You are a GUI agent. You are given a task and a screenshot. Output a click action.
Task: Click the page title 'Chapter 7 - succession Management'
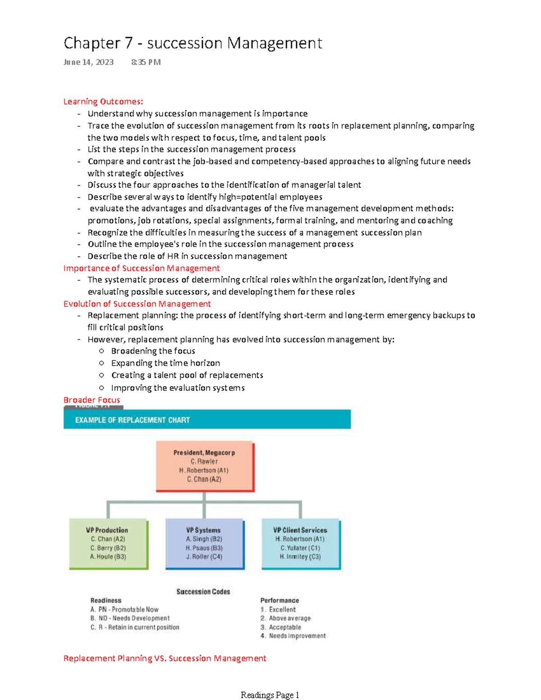(x=193, y=43)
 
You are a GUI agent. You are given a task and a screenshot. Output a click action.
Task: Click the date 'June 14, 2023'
(x=88, y=62)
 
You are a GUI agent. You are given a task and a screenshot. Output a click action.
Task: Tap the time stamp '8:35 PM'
(x=146, y=62)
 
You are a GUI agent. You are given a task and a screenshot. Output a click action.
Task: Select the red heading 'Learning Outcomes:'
(x=103, y=101)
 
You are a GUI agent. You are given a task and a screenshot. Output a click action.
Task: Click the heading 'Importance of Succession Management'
(x=141, y=268)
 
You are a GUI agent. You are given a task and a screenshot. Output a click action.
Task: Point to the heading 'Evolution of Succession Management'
(x=137, y=304)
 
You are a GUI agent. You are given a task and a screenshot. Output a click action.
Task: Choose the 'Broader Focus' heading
(x=92, y=400)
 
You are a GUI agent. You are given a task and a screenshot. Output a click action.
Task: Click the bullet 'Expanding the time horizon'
(x=165, y=363)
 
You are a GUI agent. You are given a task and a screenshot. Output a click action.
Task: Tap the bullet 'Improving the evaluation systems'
(x=178, y=388)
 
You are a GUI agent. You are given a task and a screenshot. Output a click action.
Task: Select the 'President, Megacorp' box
(x=205, y=466)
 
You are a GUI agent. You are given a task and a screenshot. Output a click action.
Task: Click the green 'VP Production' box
(x=108, y=543)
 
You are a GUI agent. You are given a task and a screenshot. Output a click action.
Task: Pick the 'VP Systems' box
(x=204, y=543)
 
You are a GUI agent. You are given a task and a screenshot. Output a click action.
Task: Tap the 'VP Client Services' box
(x=300, y=543)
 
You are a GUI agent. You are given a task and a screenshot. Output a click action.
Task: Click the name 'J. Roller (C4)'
(x=204, y=557)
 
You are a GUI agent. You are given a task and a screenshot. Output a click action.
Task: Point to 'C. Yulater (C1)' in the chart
(x=300, y=548)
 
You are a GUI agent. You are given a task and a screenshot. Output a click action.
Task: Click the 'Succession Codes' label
(x=203, y=592)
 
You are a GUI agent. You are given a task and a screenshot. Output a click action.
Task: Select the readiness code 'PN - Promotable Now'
(x=128, y=609)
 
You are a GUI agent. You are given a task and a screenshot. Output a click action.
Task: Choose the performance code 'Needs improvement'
(x=297, y=636)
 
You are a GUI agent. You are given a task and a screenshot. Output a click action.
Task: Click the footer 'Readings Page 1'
(x=270, y=695)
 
